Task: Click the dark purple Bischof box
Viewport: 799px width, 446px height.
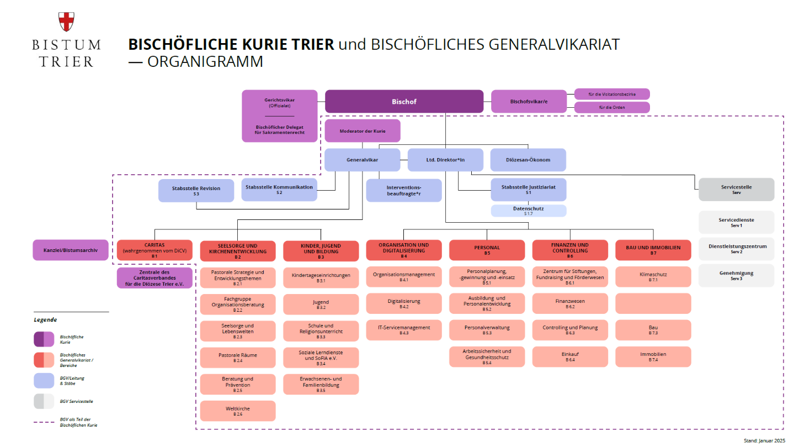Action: (404, 102)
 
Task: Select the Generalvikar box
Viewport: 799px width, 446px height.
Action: (363, 160)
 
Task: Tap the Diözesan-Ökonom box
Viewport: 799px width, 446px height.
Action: (528, 160)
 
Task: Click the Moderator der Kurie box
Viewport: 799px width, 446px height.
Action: (363, 131)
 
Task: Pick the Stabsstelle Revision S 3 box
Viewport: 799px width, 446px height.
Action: (196, 191)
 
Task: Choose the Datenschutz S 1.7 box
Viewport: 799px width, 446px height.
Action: (528, 211)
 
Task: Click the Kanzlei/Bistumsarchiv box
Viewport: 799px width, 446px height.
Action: (71, 250)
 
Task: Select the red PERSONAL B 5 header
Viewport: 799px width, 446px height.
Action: (487, 250)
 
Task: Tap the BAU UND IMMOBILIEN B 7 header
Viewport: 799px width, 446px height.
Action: (653, 250)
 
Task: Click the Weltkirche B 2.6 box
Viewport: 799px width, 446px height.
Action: (238, 411)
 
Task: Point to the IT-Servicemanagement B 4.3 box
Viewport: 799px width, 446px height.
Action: (404, 330)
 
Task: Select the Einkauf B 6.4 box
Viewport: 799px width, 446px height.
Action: (570, 356)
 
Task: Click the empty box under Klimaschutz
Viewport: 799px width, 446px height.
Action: (653, 303)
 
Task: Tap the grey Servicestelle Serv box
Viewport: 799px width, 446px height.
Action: (736, 190)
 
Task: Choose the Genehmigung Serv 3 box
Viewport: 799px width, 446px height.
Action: (736, 276)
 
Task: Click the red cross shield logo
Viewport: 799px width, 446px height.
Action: (66, 22)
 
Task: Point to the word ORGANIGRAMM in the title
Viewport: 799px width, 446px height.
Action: (205, 61)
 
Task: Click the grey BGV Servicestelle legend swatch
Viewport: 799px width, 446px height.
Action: (44, 401)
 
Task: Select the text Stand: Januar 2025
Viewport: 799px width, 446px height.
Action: (764, 440)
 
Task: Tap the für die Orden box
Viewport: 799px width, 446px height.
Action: (612, 107)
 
